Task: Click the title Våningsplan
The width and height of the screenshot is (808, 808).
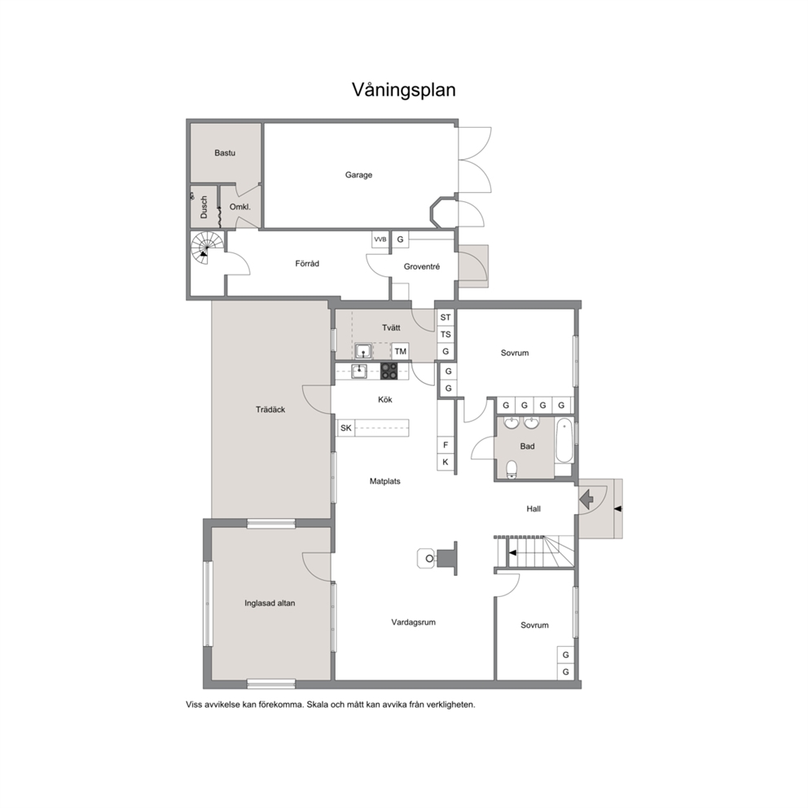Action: coord(403,90)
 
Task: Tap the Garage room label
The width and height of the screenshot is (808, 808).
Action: coord(358,174)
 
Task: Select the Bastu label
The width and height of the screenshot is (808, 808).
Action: coord(225,152)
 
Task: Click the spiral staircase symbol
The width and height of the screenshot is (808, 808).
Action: coord(207,248)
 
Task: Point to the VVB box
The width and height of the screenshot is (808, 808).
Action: coord(380,239)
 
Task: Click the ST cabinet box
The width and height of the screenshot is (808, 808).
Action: coord(446,318)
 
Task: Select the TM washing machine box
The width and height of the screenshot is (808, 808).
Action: coord(401,351)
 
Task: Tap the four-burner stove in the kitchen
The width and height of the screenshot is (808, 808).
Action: coord(389,371)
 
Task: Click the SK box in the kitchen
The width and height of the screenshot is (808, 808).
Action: coord(346,428)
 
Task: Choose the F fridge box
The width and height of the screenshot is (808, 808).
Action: coord(446,445)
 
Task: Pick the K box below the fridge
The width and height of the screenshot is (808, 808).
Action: coord(446,462)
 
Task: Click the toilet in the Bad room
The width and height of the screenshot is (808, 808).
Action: coord(512,469)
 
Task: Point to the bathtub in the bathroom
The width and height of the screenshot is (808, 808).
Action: coord(564,441)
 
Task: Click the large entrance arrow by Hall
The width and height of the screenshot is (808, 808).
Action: coord(586,499)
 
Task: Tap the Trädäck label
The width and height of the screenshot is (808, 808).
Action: coord(270,410)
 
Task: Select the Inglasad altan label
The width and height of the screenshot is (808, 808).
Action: coord(270,603)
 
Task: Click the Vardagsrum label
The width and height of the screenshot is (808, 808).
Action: coord(413,622)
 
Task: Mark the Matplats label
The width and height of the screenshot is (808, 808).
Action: coord(385,481)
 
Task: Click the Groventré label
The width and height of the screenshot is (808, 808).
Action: coord(422,266)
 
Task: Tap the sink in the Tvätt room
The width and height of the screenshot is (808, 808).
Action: coord(363,351)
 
